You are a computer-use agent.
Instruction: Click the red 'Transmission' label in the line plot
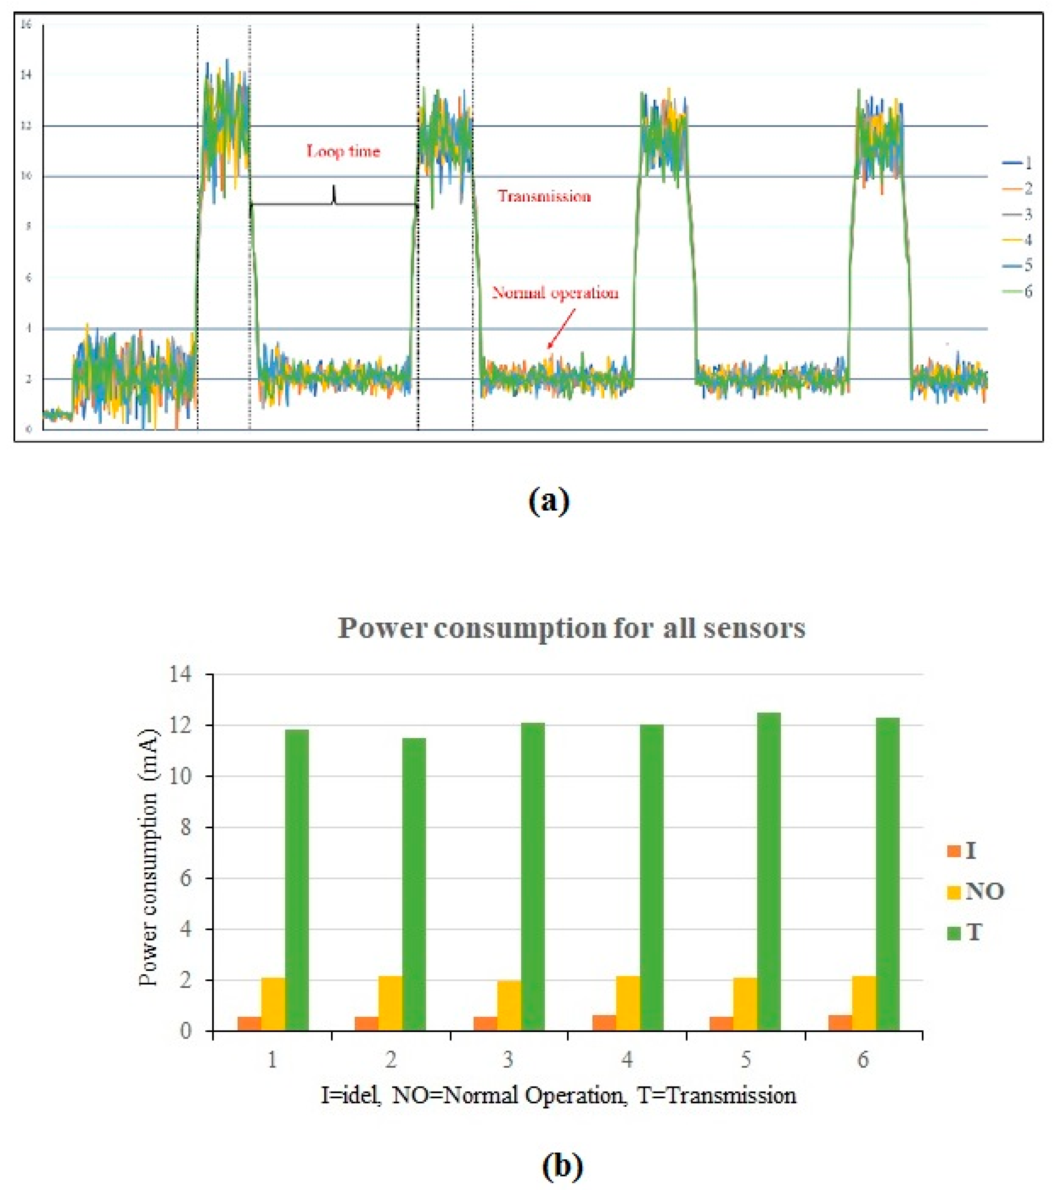click(x=544, y=196)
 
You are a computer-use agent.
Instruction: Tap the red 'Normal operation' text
click(x=555, y=292)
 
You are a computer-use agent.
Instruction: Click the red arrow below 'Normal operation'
click(x=561, y=329)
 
